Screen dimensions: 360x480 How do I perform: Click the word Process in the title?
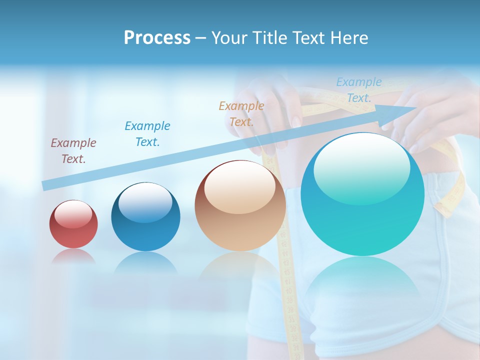click(x=157, y=38)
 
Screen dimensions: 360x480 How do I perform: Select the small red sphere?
click(x=73, y=224)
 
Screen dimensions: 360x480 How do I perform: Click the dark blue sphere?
click(x=145, y=217)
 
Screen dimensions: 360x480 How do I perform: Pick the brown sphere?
click(x=240, y=206)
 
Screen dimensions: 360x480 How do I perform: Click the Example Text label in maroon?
click(x=73, y=150)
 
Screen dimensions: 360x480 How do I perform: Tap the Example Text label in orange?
click(x=241, y=113)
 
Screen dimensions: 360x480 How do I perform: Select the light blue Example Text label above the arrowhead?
click(x=359, y=89)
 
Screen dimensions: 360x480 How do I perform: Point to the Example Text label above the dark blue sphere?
click(x=147, y=133)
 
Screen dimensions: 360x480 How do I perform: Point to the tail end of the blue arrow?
click(x=46, y=185)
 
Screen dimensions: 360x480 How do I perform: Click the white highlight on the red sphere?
click(x=73, y=214)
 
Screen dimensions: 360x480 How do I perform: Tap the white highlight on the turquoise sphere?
click(x=361, y=169)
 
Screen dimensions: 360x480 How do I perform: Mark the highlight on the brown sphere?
click(x=239, y=186)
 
